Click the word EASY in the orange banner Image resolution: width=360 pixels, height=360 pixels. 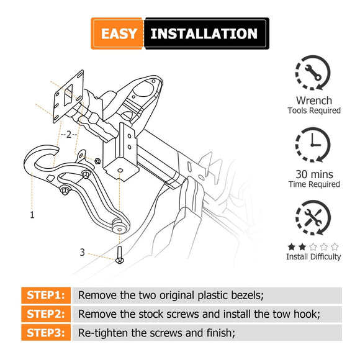(x=119, y=34)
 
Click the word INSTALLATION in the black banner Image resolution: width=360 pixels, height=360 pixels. (x=204, y=34)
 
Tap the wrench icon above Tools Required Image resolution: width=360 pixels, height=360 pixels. (x=313, y=73)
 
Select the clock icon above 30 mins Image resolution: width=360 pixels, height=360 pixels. (x=313, y=145)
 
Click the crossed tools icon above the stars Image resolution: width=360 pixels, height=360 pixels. (x=313, y=217)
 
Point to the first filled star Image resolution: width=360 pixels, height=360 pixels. (x=292, y=247)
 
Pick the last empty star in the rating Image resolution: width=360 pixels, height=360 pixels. (x=335, y=247)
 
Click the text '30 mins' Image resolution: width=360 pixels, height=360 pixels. (x=314, y=174)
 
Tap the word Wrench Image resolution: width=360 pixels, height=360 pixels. (x=314, y=101)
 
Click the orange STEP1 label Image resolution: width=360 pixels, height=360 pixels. (x=46, y=295)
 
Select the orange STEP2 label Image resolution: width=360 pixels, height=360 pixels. (x=46, y=314)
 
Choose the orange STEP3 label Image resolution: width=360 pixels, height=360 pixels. (x=46, y=333)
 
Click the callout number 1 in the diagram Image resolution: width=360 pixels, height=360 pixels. (x=32, y=215)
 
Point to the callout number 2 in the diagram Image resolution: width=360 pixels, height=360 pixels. (x=69, y=134)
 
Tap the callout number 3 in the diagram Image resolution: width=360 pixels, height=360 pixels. (x=82, y=252)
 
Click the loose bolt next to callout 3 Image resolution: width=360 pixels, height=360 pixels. (x=119, y=255)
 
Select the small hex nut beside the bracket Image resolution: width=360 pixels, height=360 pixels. (x=97, y=161)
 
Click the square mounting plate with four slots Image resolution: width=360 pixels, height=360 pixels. (x=68, y=96)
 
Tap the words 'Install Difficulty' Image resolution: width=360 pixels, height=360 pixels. (x=313, y=256)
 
